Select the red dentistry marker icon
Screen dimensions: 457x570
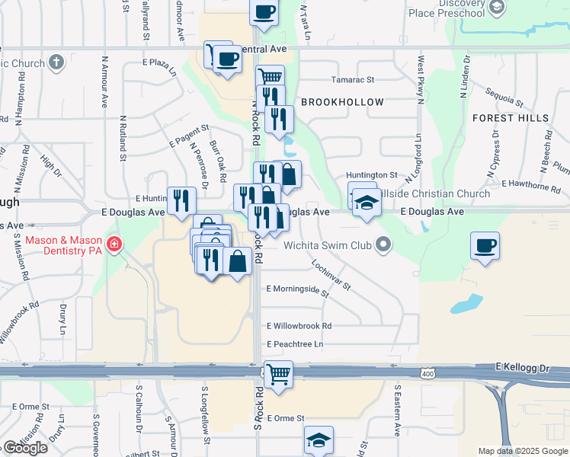(114, 244)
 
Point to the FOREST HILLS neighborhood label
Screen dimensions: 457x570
(510, 118)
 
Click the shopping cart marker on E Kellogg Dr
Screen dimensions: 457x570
(279, 375)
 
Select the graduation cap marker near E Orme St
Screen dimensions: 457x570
(319, 440)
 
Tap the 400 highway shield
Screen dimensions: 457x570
(427, 373)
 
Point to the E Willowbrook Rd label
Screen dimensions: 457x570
(299, 325)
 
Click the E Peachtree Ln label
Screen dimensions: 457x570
(295, 344)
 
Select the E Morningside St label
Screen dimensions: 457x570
(297, 291)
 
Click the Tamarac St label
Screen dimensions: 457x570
(353, 79)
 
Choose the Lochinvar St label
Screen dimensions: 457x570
(330, 275)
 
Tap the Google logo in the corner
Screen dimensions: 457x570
(25, 448)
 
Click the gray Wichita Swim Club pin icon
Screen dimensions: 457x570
(383, 245)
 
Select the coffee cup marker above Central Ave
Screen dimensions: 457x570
(264, 13)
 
